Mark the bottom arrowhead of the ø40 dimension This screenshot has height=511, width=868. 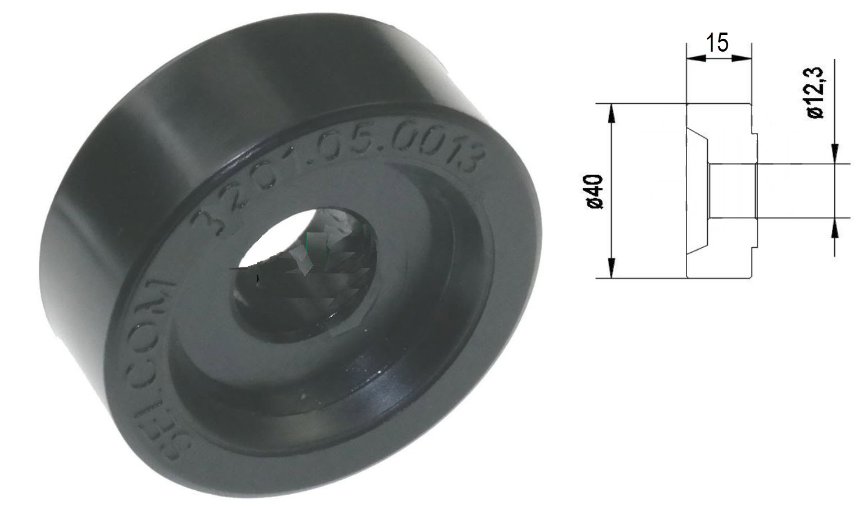pos(611,270)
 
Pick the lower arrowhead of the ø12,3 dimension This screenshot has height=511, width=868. pos(835,227)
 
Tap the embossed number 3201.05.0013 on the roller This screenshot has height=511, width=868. pos(337,168)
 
